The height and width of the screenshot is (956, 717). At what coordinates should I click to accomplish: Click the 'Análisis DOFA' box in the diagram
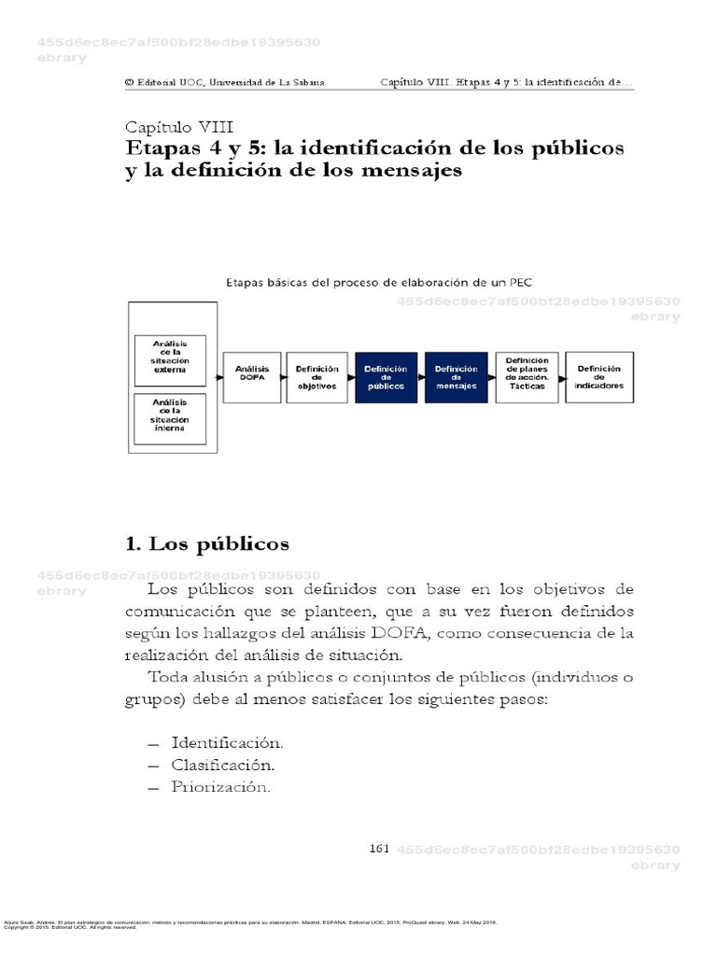click(x=252, y=376)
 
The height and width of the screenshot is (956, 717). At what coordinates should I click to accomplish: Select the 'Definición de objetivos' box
click(x=316, y=376)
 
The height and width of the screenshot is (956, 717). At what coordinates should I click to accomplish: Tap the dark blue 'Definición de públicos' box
click(x=386, y=376)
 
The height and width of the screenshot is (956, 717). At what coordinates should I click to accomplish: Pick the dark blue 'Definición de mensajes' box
click(x=455, y=376)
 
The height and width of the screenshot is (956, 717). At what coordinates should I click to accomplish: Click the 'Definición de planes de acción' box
click(x=527, y=376)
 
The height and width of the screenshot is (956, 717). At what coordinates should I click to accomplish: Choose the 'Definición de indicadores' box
click(x=598, y=376)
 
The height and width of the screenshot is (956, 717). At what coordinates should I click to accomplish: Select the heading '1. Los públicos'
click(x=207, y=543)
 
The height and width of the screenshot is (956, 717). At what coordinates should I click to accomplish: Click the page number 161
click(x=379, y=848)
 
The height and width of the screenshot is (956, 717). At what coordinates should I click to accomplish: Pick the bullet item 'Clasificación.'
click(x=223, y=765)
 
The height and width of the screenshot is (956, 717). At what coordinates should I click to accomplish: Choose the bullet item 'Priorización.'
click(x=220, y=787)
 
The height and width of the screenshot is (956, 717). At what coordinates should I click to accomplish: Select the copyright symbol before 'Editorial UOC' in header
click(x=129, y=82)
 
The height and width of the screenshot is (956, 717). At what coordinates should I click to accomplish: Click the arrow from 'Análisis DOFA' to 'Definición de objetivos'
click(x=282, y=376)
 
